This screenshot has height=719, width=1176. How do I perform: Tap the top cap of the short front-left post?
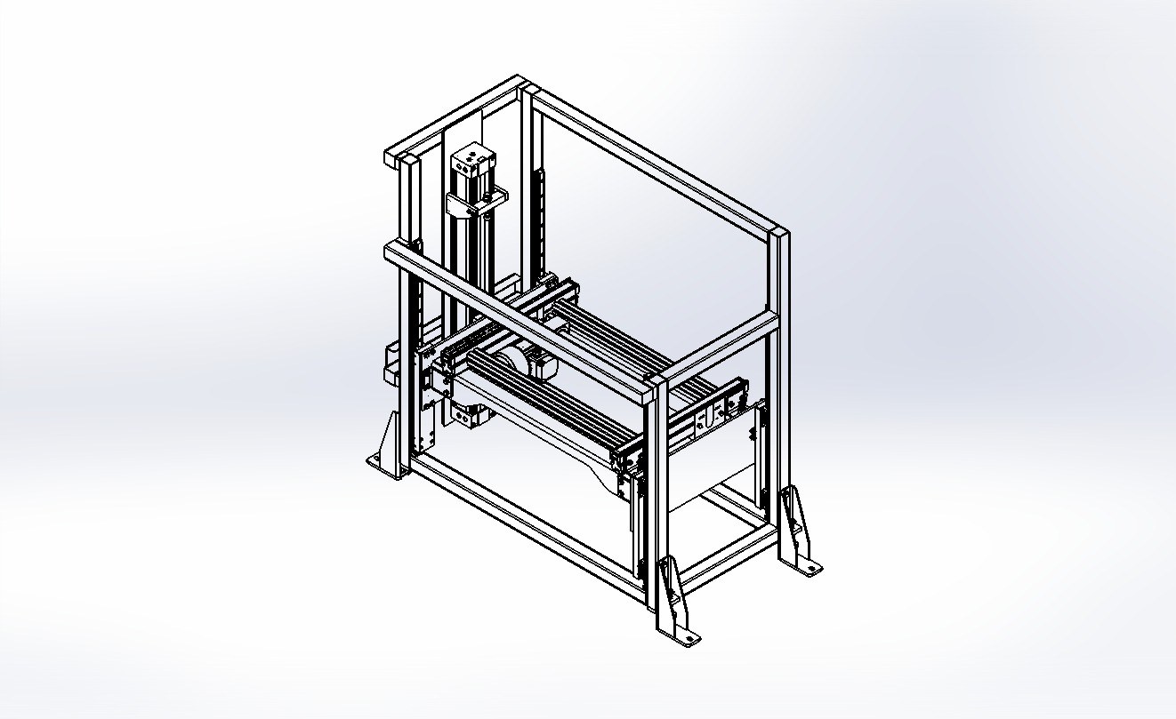click(x=407, y=160)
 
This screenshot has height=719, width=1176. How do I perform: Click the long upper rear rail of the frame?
click(x=649, y=160)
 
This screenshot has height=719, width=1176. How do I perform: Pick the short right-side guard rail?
click(x=721, y=347)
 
